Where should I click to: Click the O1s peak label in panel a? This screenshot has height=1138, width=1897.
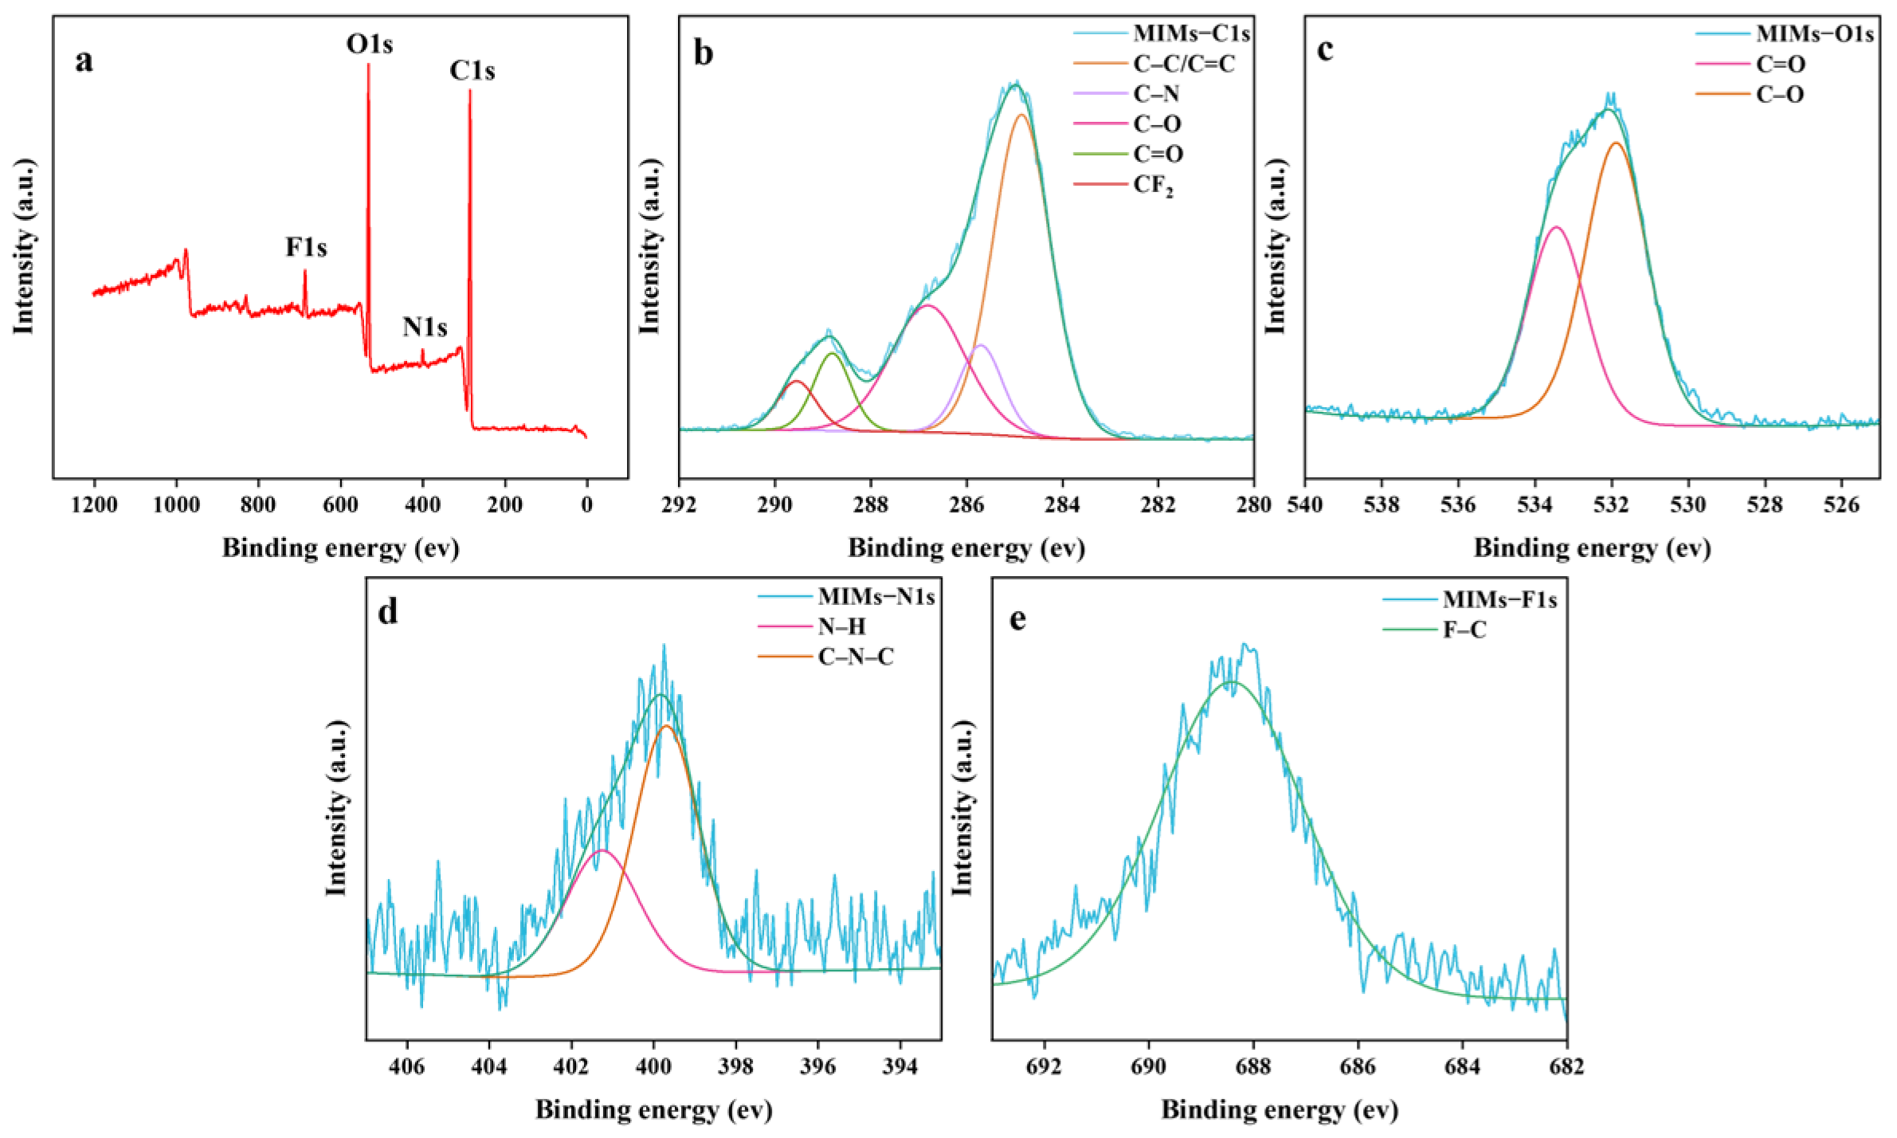point(369,44)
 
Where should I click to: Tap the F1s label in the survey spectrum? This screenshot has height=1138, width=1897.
point(306,248)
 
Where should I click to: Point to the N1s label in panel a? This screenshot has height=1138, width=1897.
point(425,327)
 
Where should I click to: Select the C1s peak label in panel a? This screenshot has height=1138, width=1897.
point(472,71)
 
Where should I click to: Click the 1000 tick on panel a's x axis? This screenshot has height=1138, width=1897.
point(176,505)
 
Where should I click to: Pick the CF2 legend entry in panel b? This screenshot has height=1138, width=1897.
point(1153,185)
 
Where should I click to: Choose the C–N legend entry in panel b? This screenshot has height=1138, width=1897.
point(1156,94)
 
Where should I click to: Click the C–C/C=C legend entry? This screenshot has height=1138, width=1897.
point(1184,64)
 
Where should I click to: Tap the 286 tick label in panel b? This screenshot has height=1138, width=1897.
point(966,505)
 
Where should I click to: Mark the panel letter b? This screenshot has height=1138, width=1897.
point(703,53)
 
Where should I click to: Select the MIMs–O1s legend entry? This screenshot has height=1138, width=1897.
point(1814,34)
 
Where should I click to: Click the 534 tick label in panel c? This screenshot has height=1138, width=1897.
point(1534,505)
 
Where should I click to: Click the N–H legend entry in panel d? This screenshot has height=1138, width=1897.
point(841,627)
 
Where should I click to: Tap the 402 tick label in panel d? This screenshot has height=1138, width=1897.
point(571,1067)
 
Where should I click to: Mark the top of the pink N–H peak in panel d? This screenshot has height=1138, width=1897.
point(603,851)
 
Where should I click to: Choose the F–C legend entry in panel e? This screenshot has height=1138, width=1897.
point(1464,630)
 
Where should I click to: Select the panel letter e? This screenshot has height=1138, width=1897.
point(1017,619)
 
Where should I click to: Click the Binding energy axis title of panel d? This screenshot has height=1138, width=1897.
point(653,1109)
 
